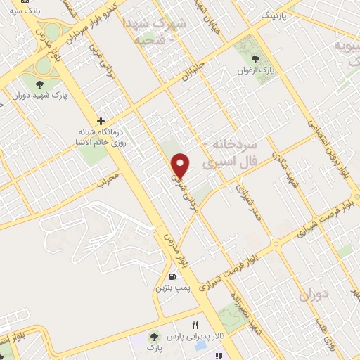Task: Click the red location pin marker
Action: [x=182, y=165]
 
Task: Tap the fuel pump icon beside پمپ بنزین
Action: [x=173, y=276]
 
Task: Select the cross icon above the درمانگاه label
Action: [x=102, y=121]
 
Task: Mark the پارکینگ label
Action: [x=275, y=14]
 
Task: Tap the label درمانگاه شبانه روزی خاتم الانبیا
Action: [x=102, y=138]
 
